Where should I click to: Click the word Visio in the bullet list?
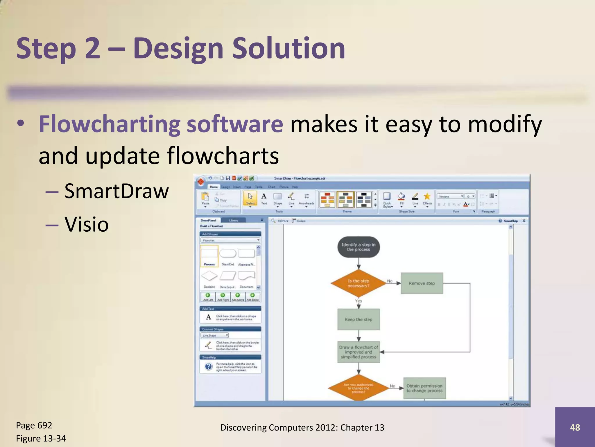86,224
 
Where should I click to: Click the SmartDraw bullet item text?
116,191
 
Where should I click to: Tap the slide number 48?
575,427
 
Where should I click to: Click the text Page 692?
34,425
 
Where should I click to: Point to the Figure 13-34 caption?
41,438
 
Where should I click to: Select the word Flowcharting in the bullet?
110,124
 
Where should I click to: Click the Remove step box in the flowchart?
422,283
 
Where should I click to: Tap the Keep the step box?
358,319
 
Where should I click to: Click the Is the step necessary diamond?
358,283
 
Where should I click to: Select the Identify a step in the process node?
358,247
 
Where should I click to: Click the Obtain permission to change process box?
424,388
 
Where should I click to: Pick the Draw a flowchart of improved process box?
358,352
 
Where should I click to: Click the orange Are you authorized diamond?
358,388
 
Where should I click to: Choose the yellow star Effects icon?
427,196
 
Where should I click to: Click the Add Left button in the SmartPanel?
208,297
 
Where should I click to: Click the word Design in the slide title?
178,49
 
